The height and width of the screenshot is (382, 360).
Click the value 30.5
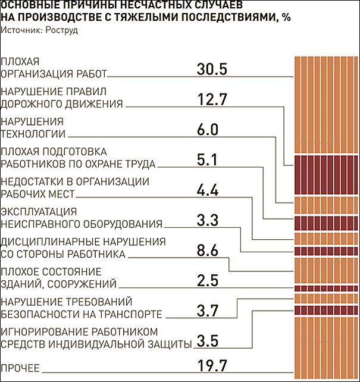pos(212,69)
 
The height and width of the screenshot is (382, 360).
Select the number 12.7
pos(212,99)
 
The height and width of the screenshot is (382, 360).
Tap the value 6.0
pos(208,130)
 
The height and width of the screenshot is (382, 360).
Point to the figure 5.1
pos(208,160)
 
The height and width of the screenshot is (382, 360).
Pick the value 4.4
pos(208,190)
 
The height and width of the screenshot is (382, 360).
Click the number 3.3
pos(208,221)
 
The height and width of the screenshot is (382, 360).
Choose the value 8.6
pos(208,251)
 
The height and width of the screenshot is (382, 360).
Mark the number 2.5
pos(208,281)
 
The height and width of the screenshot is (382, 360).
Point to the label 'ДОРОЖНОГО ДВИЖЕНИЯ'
pos(62,104)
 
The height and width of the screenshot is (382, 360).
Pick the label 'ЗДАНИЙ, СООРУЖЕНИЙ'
pos(58,285)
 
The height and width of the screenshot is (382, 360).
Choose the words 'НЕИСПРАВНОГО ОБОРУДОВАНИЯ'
pos(82,225)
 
